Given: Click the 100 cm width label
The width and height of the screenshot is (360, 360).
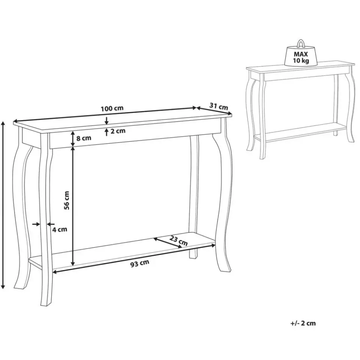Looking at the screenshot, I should point(112,109).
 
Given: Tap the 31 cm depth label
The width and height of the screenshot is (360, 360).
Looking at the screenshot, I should point(218,107).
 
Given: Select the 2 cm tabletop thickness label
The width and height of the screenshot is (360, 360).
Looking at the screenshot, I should point(117,131).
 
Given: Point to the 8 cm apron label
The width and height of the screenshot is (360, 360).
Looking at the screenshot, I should point(84,138).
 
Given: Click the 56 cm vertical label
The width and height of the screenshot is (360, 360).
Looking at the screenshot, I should point(67,200).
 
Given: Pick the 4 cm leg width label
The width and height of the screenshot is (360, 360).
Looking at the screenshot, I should point(60,229).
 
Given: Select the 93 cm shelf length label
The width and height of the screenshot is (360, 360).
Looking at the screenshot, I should point(139,264).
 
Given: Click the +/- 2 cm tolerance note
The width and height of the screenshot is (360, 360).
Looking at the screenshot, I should point(303,323).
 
